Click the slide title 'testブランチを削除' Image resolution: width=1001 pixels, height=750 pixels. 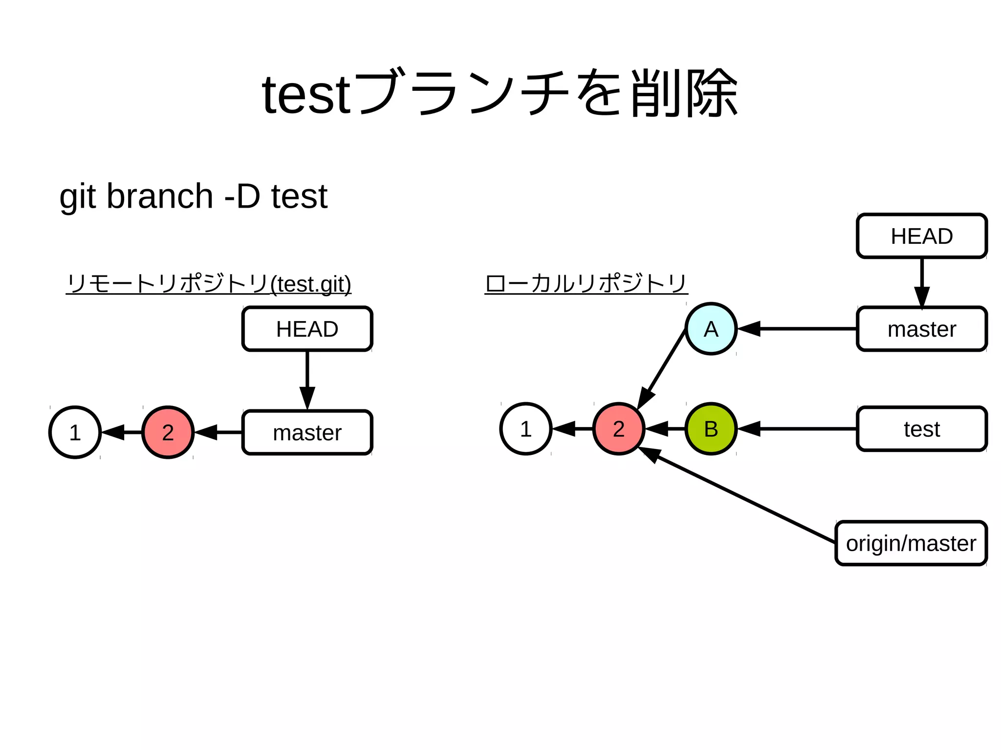(500, 94)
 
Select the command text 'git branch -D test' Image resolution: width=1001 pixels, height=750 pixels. (193, 196)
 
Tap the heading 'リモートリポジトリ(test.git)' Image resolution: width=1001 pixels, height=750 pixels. (209, 284)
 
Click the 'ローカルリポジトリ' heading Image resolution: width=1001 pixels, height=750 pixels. (586, 284)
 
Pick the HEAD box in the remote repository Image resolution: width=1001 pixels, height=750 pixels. (307, 329)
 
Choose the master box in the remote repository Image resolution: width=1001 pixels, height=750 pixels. (307, 432)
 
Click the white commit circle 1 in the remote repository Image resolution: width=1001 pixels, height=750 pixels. (75, 432)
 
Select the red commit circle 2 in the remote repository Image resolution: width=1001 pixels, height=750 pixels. (168, 432)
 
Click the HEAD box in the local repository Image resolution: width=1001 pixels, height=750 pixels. (921, 236)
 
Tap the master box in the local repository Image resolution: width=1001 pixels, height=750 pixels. (921, 329)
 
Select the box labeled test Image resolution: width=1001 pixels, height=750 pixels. (921, 429)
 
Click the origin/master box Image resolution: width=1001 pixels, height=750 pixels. (911, 543)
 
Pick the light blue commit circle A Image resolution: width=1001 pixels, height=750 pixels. (711, 329)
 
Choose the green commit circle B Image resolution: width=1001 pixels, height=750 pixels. (711, 429)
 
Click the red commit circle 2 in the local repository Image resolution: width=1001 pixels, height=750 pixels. (618, 429)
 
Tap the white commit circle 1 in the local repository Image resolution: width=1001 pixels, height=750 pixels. (526, 429)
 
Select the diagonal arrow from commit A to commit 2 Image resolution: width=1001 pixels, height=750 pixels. (662, 369)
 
